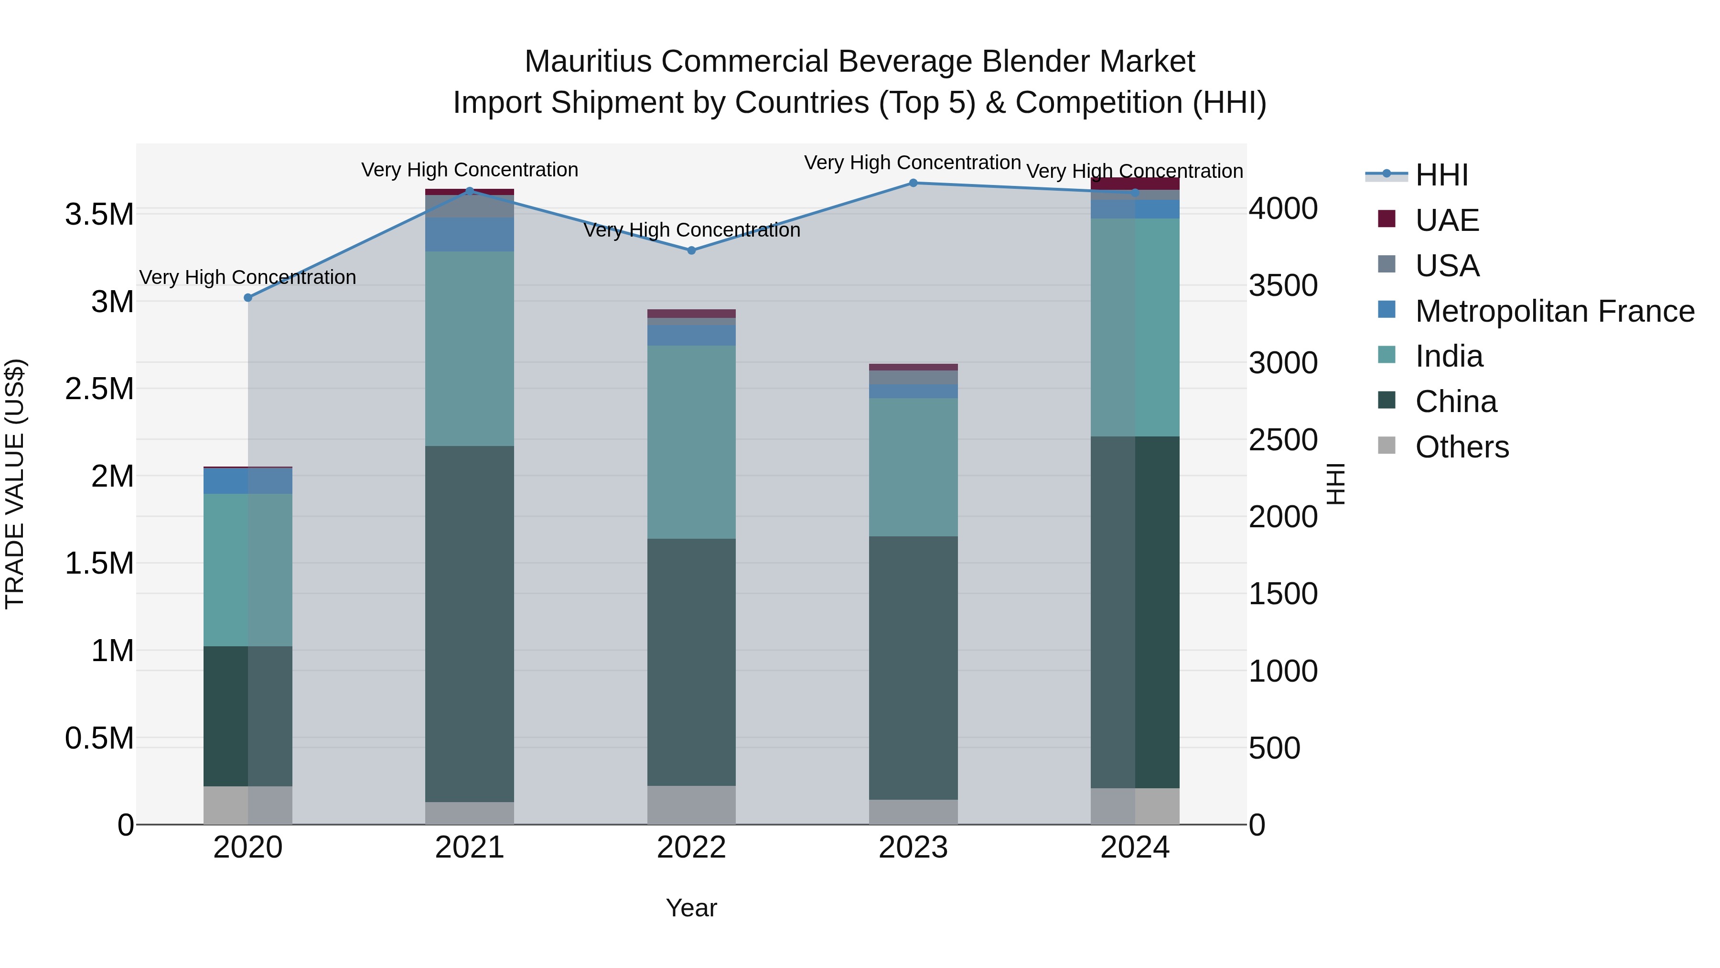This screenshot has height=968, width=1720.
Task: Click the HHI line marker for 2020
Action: [247, 297]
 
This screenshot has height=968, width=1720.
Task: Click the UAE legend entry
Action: [1446, 220]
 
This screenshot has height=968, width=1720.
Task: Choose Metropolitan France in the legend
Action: [1554, 311]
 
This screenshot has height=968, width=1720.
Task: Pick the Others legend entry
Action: [1462, 446]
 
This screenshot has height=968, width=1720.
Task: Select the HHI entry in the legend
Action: [1441, 175]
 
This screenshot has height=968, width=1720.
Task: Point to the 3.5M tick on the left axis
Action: [99, 215]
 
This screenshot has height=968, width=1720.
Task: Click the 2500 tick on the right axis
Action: [1283, 440]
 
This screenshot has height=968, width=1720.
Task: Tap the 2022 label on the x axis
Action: [691, 848]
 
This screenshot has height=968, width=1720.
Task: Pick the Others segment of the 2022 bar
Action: [691, 805]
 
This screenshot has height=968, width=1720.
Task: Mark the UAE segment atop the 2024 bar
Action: [1135, 184]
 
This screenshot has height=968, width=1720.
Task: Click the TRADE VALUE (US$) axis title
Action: [15, 484]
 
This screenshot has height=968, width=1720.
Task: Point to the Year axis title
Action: [691, 908]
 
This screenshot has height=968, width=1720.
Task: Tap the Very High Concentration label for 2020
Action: [247, 277]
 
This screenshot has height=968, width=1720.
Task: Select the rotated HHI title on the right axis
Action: [1335, 484]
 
